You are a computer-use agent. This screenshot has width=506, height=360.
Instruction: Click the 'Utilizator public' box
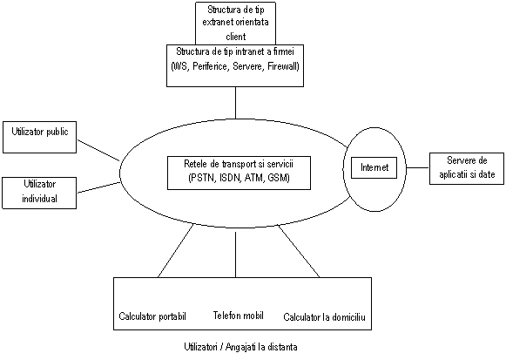40,137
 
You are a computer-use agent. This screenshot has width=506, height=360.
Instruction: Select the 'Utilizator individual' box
39,193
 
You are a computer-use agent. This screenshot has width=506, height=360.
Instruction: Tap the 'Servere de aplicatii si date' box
467,168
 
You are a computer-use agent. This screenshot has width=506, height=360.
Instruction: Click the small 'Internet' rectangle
374,167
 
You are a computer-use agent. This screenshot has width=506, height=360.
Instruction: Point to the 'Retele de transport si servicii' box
240,173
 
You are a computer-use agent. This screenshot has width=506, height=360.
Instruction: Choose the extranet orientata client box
235,24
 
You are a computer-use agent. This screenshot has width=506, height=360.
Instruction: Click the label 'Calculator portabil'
152,316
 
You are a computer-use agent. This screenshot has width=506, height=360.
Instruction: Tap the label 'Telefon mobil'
238,316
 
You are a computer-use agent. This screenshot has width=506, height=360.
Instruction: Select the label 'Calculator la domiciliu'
324,317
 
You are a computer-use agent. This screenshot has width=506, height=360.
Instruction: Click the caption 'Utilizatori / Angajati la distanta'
240,347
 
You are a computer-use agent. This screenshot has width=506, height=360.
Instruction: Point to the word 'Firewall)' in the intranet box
283,66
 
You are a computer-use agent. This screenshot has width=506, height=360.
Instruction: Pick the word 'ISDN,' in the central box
229,178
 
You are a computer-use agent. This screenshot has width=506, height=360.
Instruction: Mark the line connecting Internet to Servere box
417,168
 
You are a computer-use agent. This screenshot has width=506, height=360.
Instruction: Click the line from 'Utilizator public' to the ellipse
98,151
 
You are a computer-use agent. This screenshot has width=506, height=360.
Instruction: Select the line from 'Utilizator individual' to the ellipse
98,187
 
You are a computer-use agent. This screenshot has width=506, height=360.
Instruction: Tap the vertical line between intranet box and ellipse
235,103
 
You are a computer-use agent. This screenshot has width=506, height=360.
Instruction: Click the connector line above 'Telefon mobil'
235,255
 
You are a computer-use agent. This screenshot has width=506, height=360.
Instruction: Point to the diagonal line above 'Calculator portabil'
176,250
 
